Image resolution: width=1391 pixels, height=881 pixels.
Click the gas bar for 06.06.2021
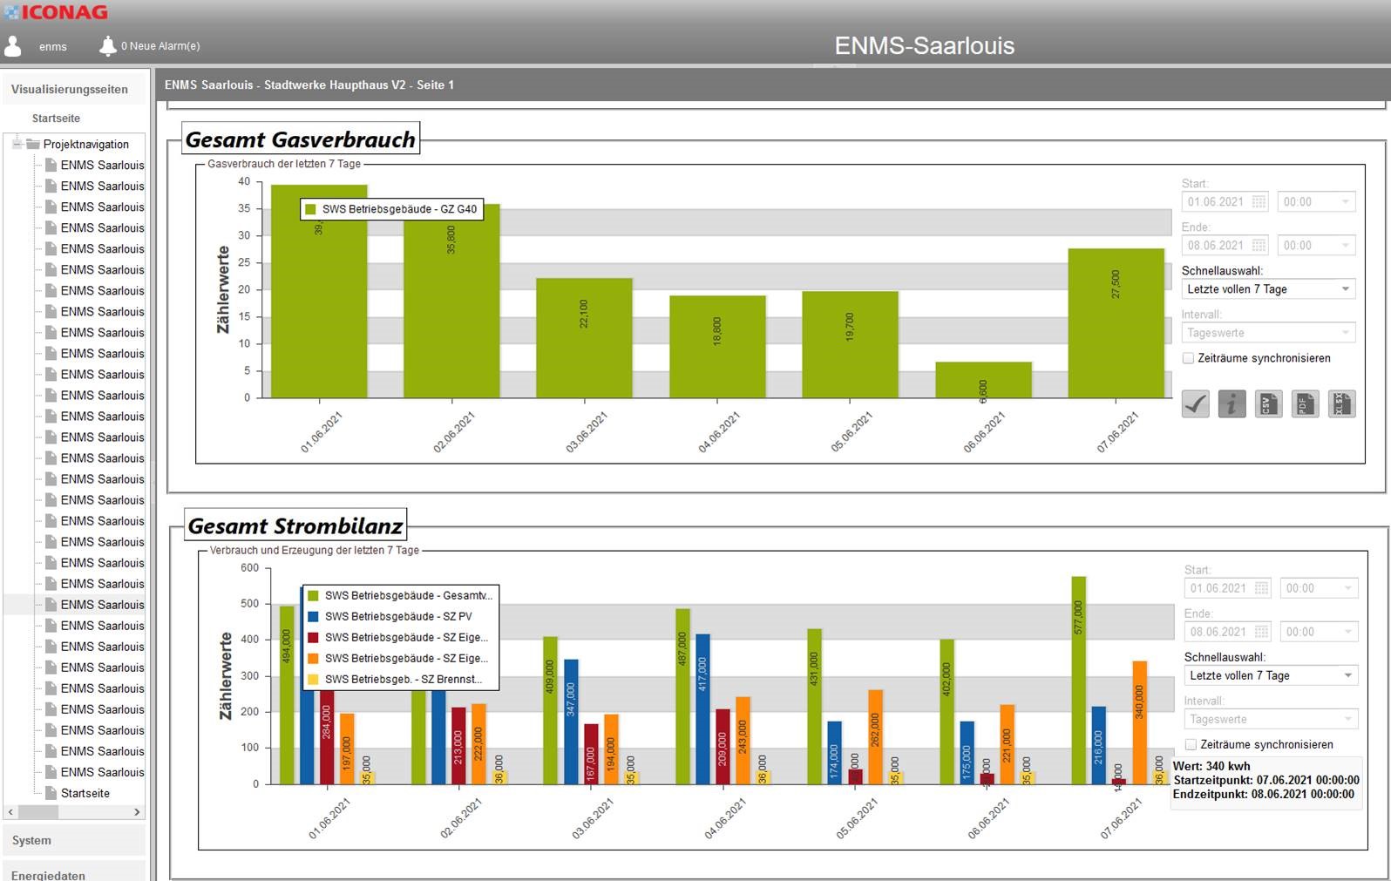[x=983, y=381]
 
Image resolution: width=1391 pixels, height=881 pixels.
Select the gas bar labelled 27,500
[x=1116, y=323]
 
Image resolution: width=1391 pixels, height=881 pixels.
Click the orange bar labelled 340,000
[x=1139, y=722]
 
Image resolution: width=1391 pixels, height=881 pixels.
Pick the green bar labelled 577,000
[x=1078, y=680]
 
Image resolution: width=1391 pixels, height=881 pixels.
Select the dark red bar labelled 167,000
[x=591, y=754]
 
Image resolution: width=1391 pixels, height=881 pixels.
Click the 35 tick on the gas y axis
[x=244, y=208]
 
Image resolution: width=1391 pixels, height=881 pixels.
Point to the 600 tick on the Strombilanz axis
[x=249, y=568]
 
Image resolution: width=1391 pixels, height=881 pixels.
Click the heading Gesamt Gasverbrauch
[x=301, y=139]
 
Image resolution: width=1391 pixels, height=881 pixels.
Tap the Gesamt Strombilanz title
[x=295, y=526]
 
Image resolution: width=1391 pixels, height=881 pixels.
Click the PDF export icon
[x=1304, y=403]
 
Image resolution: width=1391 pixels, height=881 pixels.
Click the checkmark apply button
[x=1195, y=403]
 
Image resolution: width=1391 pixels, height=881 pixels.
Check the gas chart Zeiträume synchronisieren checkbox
[x=1188, y=358]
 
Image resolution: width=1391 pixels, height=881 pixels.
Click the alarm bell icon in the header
[x=107, y=46]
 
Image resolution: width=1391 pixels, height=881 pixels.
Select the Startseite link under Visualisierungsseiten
[x=56, y=119]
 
